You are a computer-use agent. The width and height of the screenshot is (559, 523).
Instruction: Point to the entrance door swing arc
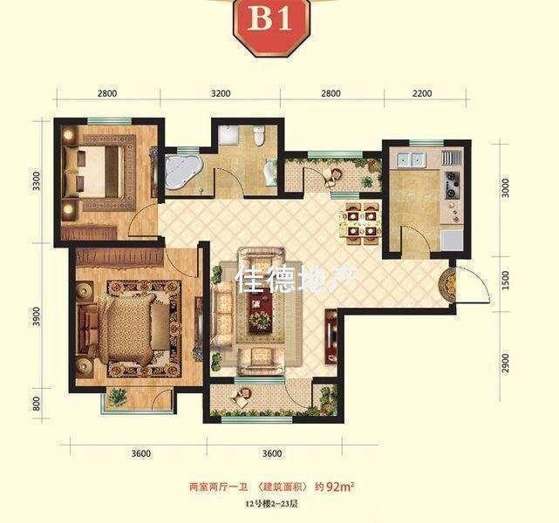[467, 287]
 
